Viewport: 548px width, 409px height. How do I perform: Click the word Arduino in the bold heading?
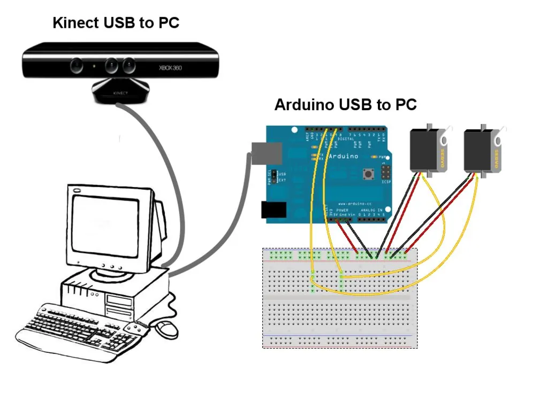coord(304,104)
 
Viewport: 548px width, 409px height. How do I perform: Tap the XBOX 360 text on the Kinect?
coord(171,68)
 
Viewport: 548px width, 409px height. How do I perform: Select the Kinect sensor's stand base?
coord(120,92)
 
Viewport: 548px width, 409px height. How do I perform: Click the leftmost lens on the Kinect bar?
coord(77,66)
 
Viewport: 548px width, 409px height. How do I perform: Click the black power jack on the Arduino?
coord(273,210)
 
